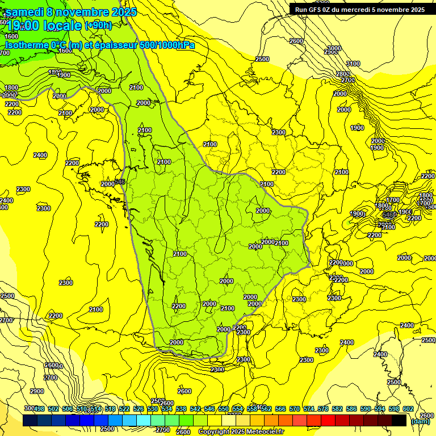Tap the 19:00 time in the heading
pos(23,26)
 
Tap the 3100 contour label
pos(353,64)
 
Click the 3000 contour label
pos(334,49)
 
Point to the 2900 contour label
pos(37,392)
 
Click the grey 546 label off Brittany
pos(120,182)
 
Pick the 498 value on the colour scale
pos(39,409)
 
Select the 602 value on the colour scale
pos(408,409)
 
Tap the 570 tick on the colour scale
pos(294,409)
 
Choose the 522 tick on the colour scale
pos(124,409)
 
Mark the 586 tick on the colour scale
pos(351,409)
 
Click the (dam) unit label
pos(420,421)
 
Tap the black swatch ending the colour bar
pos(399,420)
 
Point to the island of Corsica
pos(392,363)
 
